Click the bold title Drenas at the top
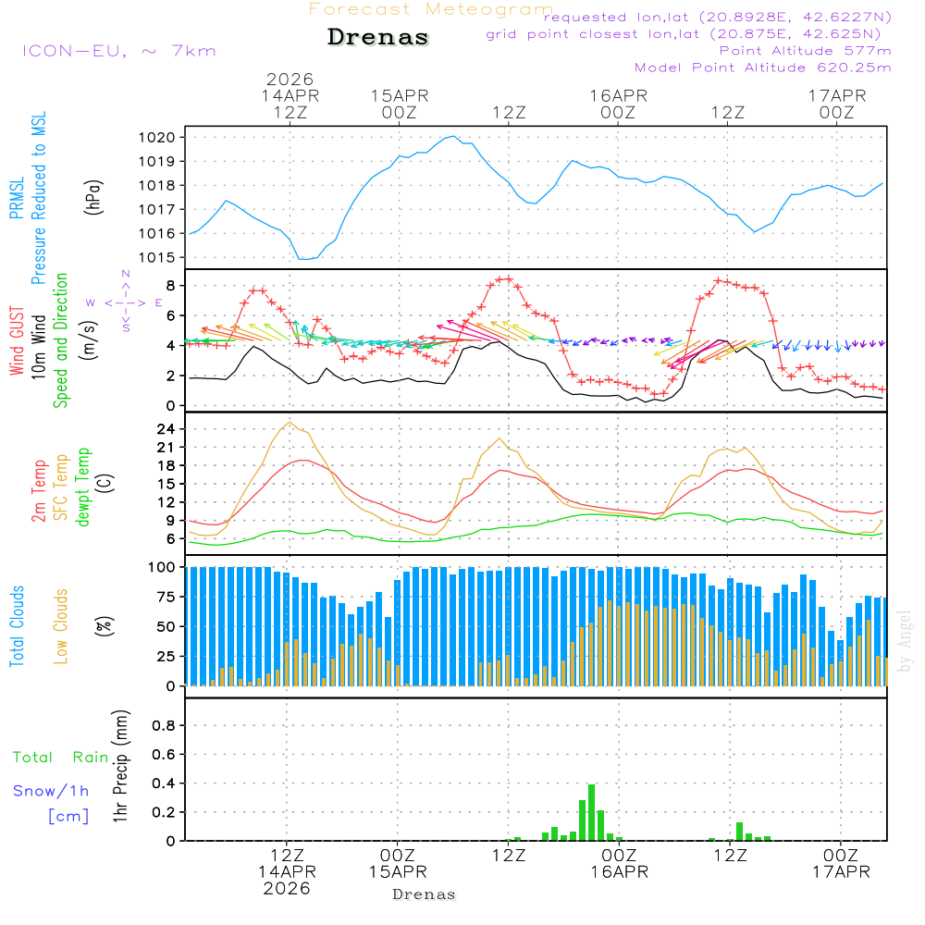click(x=378, y=38)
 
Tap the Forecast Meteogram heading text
click(x=431, y=9)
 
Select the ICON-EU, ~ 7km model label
click(x=118, y=51)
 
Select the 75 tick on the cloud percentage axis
click(x=166, y=597)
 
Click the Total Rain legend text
click(x=61, y=757)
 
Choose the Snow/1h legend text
click(x=52, y=791)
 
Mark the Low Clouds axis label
click(x=62, y=624)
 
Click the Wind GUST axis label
click(x=18, y=342)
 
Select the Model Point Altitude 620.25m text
click(x=763, y=68)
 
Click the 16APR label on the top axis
click(x=618, y=95)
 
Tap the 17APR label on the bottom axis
click(x=840, y=871)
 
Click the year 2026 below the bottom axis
click(x=287, y=888)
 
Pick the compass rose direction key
click(x=125, y=302)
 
